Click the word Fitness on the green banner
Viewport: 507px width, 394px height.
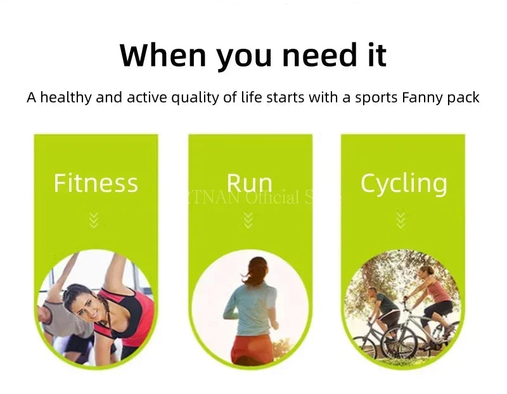(x=96, y=183)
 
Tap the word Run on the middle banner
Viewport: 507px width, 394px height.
(x=249, y=183)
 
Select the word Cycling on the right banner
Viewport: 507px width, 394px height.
(x=404, y=183)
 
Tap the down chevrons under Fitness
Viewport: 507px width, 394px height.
(x=94, y=220)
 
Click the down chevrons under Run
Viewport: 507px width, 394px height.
(x=248, y=220)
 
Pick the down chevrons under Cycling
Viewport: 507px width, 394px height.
(x=401, y=220)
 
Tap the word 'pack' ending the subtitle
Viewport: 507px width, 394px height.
(x=464, y=98)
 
